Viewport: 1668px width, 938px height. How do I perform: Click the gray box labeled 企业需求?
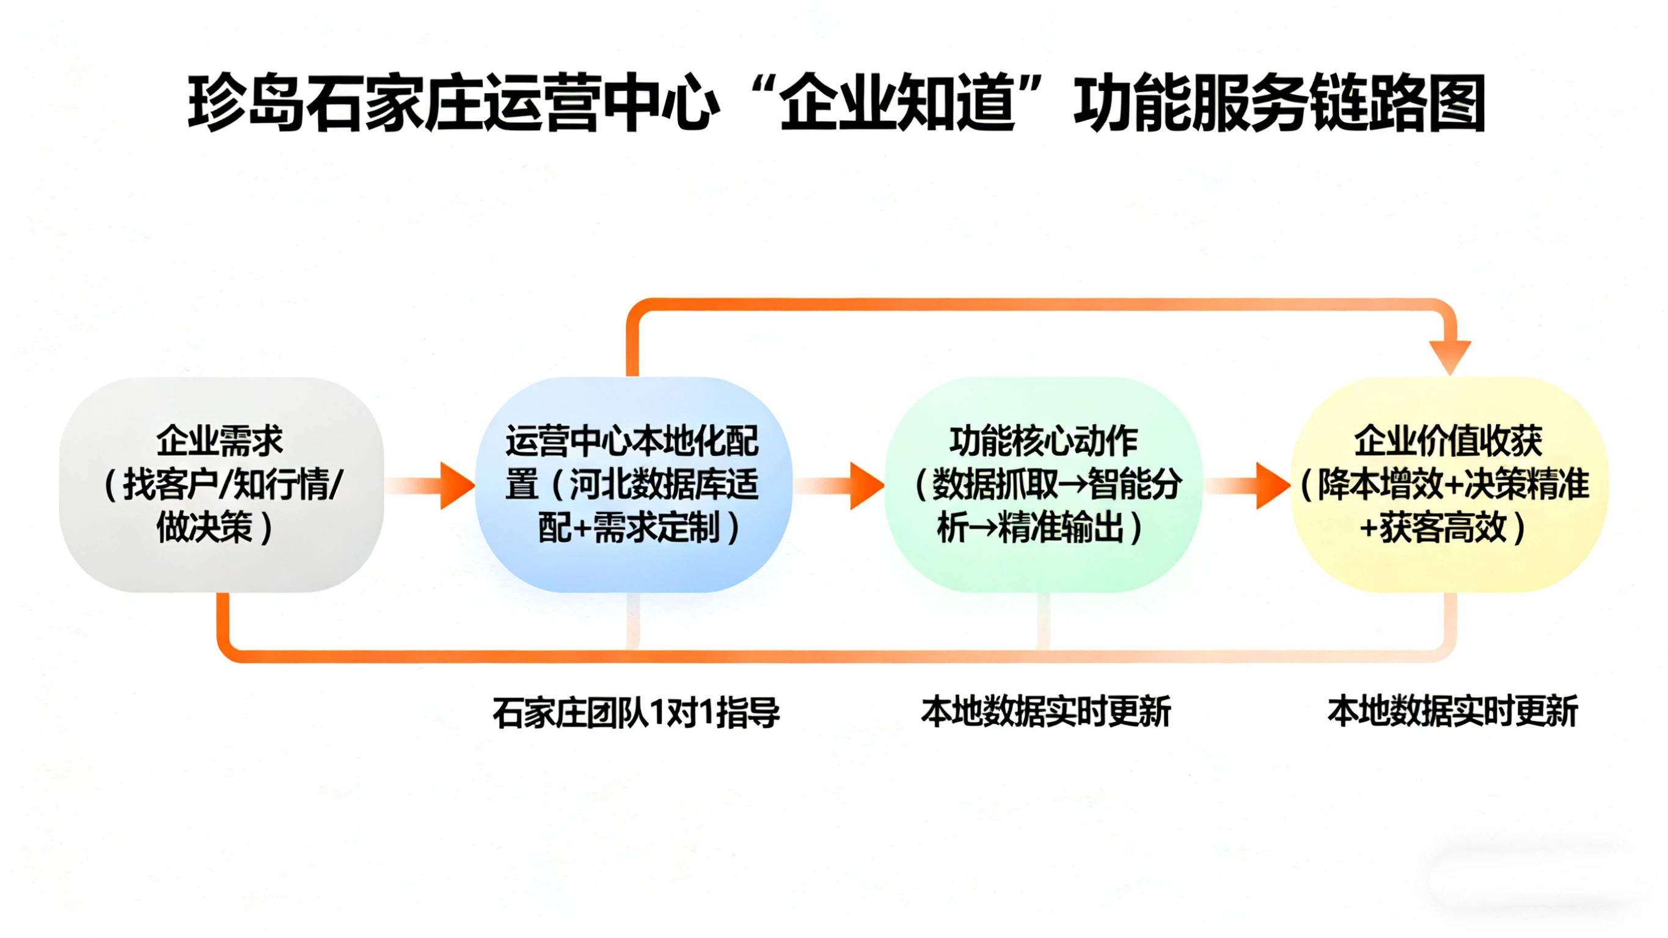pyautogui.click(x=221, y=485)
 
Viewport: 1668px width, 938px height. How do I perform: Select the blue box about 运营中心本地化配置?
pyautogui.click(x=632, y=485)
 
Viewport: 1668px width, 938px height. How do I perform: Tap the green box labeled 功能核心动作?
pyautogui.click(x=1042, y=485)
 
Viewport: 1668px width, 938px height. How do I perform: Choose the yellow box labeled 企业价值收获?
pyautogui.click(x=1449, y=485)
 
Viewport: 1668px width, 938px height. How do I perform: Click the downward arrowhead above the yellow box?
pyautogui.click(x=1450, y=356)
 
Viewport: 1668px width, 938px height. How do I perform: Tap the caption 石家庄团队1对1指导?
pyautogui.click(x=636, y=713)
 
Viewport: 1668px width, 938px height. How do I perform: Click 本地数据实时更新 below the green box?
pyautogui.click(x=1046, y=711)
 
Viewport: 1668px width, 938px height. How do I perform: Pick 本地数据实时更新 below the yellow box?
pyautogui.click(x=1452, y=711)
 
